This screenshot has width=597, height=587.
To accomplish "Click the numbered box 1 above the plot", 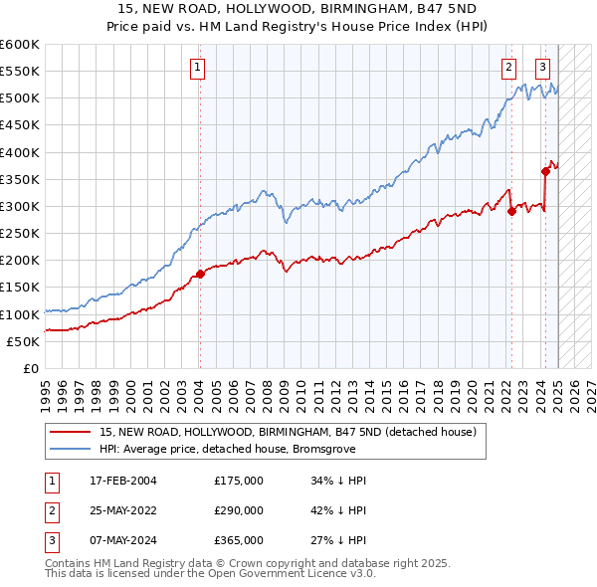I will (x=198, y=68).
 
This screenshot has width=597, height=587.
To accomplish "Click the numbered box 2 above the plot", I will (x=508, y=68).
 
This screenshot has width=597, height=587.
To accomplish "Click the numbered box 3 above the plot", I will (x=542, y=68).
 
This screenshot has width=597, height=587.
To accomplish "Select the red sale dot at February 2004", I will (x=199, y=274).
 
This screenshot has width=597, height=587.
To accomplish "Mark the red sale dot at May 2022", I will (x=510, y=211).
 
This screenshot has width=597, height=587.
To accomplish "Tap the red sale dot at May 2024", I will (x=545, y=171).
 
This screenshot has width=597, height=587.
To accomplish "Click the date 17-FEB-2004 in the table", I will (x=124, y=481).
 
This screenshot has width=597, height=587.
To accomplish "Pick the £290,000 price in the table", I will (x=238, y=510).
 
